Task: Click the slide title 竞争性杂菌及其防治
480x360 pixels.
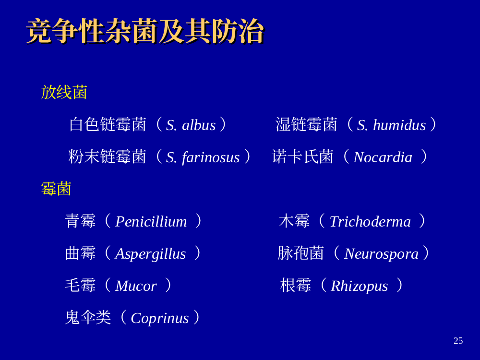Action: click(145, 31)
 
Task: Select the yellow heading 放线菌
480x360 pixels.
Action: click(64, 92)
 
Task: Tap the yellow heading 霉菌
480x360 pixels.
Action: click(56, 188)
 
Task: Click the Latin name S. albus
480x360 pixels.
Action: click(191, 125)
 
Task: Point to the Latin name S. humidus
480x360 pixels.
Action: click(391, 125)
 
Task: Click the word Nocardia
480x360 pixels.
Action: click(383, 157)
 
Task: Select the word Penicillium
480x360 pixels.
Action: click(151, 222)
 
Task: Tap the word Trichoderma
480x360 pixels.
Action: click(370, 222)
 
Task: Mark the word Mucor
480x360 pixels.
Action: click(136, 286)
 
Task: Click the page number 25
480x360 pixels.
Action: click(458, 341)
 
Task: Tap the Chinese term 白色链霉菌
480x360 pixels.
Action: click(108, 124)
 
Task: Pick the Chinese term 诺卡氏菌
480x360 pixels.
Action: click(302, 156)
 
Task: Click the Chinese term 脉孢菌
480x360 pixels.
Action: click(300, 253)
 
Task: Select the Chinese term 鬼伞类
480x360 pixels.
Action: click(88, 317)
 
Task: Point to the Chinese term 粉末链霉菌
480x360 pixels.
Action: click(107, 156)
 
